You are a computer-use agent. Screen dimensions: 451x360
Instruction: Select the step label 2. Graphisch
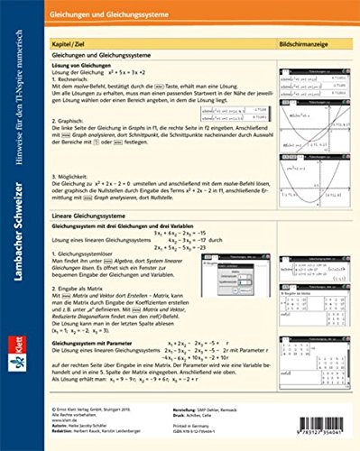click(x=72, y=118)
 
